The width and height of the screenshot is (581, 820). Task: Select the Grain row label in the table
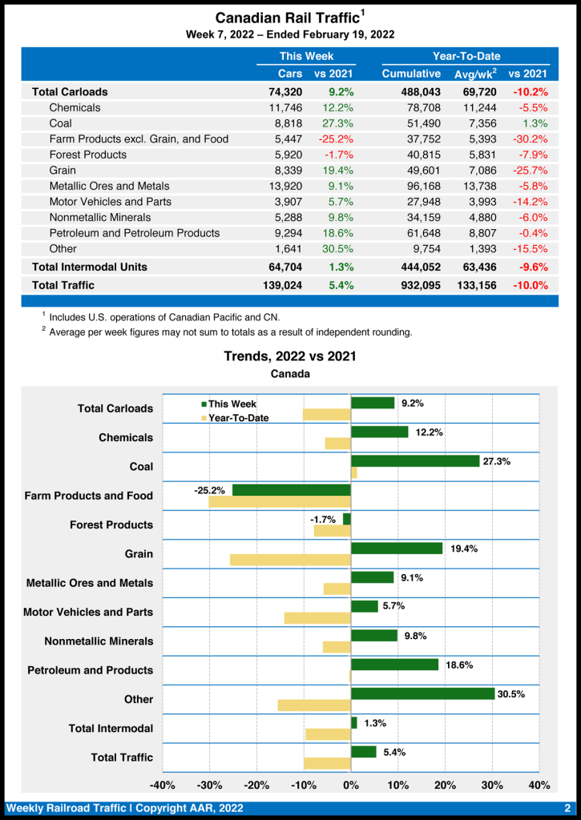click(63, 170)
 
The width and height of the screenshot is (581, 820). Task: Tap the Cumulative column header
click(411, 74)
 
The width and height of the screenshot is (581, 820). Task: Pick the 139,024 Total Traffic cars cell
click(280, 284)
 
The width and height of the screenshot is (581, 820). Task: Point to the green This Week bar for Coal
click(415, 461)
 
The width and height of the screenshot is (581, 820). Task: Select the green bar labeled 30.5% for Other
click(422, 693)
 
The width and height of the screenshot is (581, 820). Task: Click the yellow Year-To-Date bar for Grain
click(290, 560)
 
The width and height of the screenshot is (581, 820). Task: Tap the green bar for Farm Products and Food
click(292, 490)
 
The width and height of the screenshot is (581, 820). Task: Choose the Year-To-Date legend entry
click(238, 417)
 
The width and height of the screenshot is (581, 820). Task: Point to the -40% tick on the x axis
click(163, 785)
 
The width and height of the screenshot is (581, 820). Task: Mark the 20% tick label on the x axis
click(445, 785)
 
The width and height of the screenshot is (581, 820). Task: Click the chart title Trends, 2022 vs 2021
click(290, 356)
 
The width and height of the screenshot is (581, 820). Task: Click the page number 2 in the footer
click(567, 808)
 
